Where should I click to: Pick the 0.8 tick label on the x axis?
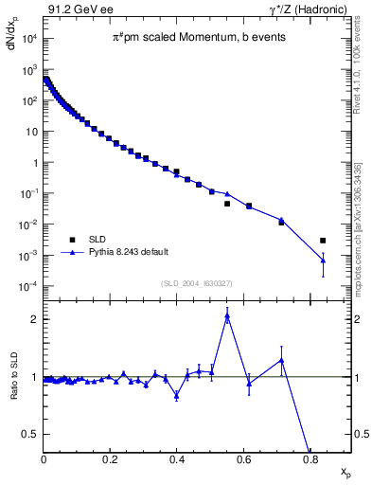tap(310, 462)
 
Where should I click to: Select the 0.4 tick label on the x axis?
tap(177, 462)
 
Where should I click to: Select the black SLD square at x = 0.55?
tap(227, 204)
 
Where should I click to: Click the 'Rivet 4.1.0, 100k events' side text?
tap(357, 67)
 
